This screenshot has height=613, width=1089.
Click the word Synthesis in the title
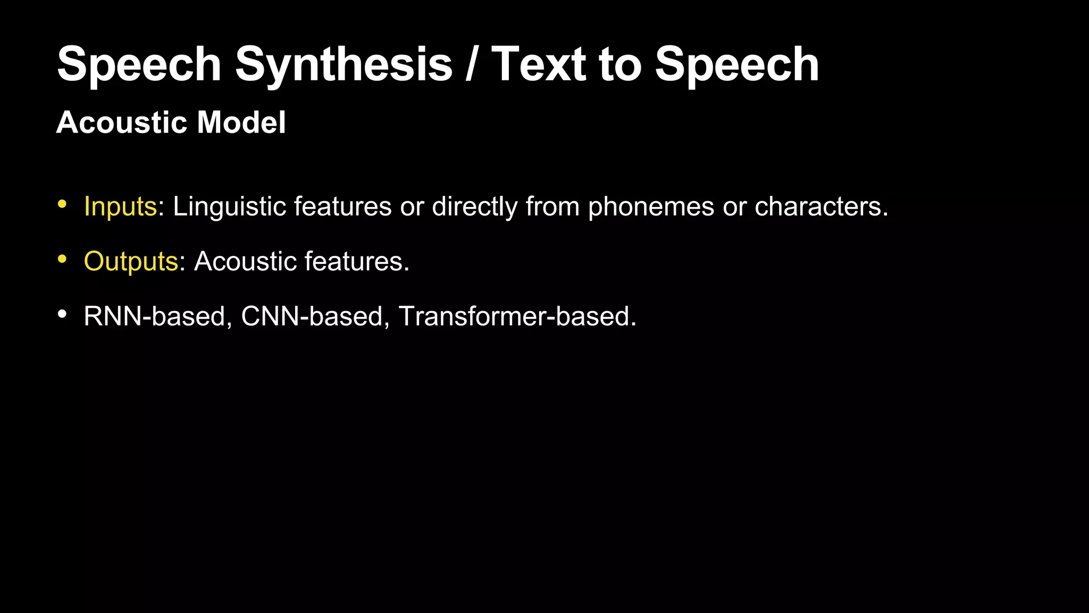pyautogui.click(x=344, y=65)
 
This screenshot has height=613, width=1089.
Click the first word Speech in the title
pyautogui.click(x=139, y=65)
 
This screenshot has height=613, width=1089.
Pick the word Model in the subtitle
pyautogui.click(x=241, y=122)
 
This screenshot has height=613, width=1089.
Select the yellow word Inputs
pyautogui.click(x=120, y=206)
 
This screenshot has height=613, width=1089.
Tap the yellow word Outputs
pyautogui.click(x=131, y=261)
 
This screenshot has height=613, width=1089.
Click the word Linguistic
pyautogui.click(x=229, y=206)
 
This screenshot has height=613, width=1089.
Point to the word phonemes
pyautogui.click(x=651, y=206)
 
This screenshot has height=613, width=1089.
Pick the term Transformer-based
pyautogui.click(x=517, y=316)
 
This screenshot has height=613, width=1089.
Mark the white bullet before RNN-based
pyautogui.click(x=62, y=314)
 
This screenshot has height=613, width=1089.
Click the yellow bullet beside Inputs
pyautogui.click(x=62, y=204)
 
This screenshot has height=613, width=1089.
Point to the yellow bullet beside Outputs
pyautogui.click(x=62, y=259)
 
